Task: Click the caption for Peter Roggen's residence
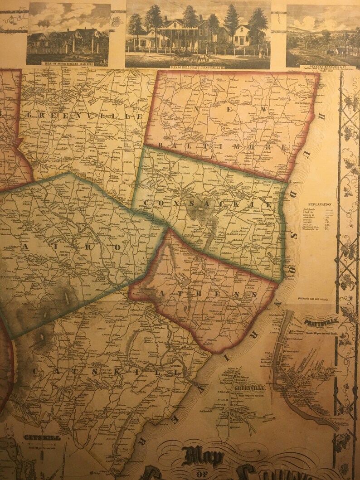point(68,63)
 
